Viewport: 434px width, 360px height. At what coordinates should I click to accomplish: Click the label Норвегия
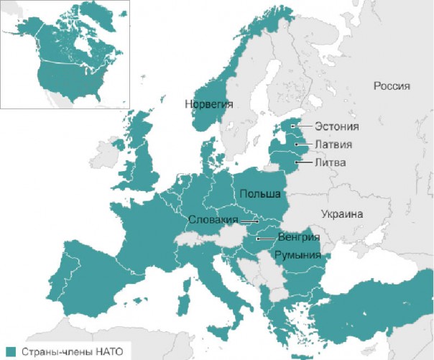tap(209, 103)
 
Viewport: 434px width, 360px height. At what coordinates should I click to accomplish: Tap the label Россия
tap(392, 86)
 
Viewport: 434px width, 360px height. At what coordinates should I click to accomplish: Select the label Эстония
tap(336, 126)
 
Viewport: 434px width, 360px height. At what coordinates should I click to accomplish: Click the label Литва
tap(330, 163)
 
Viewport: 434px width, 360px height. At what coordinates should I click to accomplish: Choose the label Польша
tap(261, 194)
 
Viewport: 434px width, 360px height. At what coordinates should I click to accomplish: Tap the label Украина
tap(342, 213)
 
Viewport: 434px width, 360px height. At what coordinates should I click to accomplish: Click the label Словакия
tap(213, 219)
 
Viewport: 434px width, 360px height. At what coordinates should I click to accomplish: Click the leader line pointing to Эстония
tap(300, 126)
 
